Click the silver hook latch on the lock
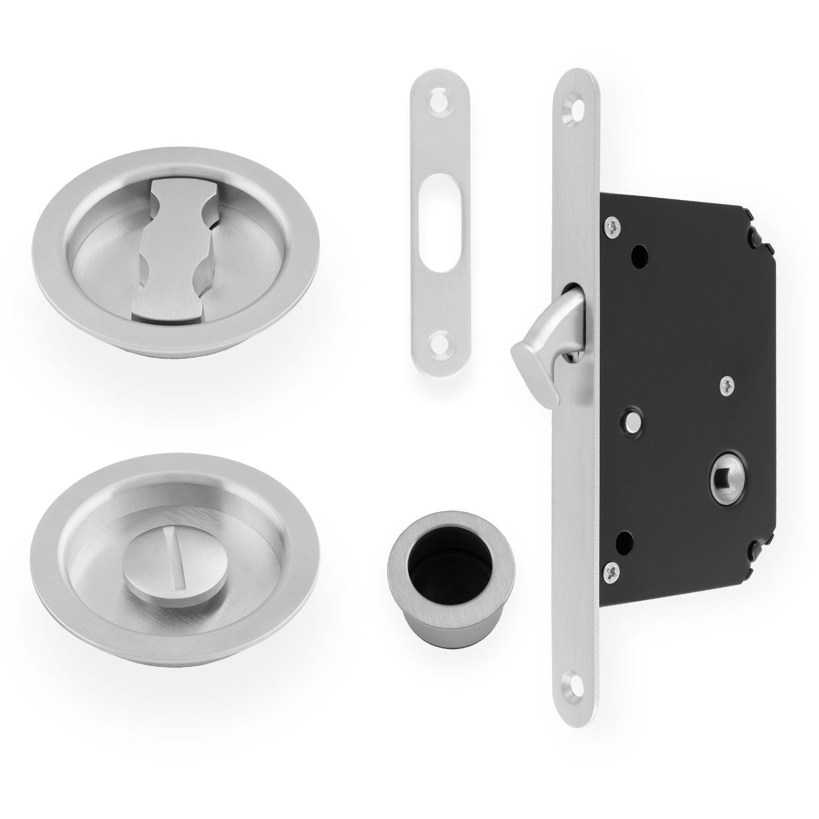[539, 335]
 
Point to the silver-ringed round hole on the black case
[633, 418]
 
